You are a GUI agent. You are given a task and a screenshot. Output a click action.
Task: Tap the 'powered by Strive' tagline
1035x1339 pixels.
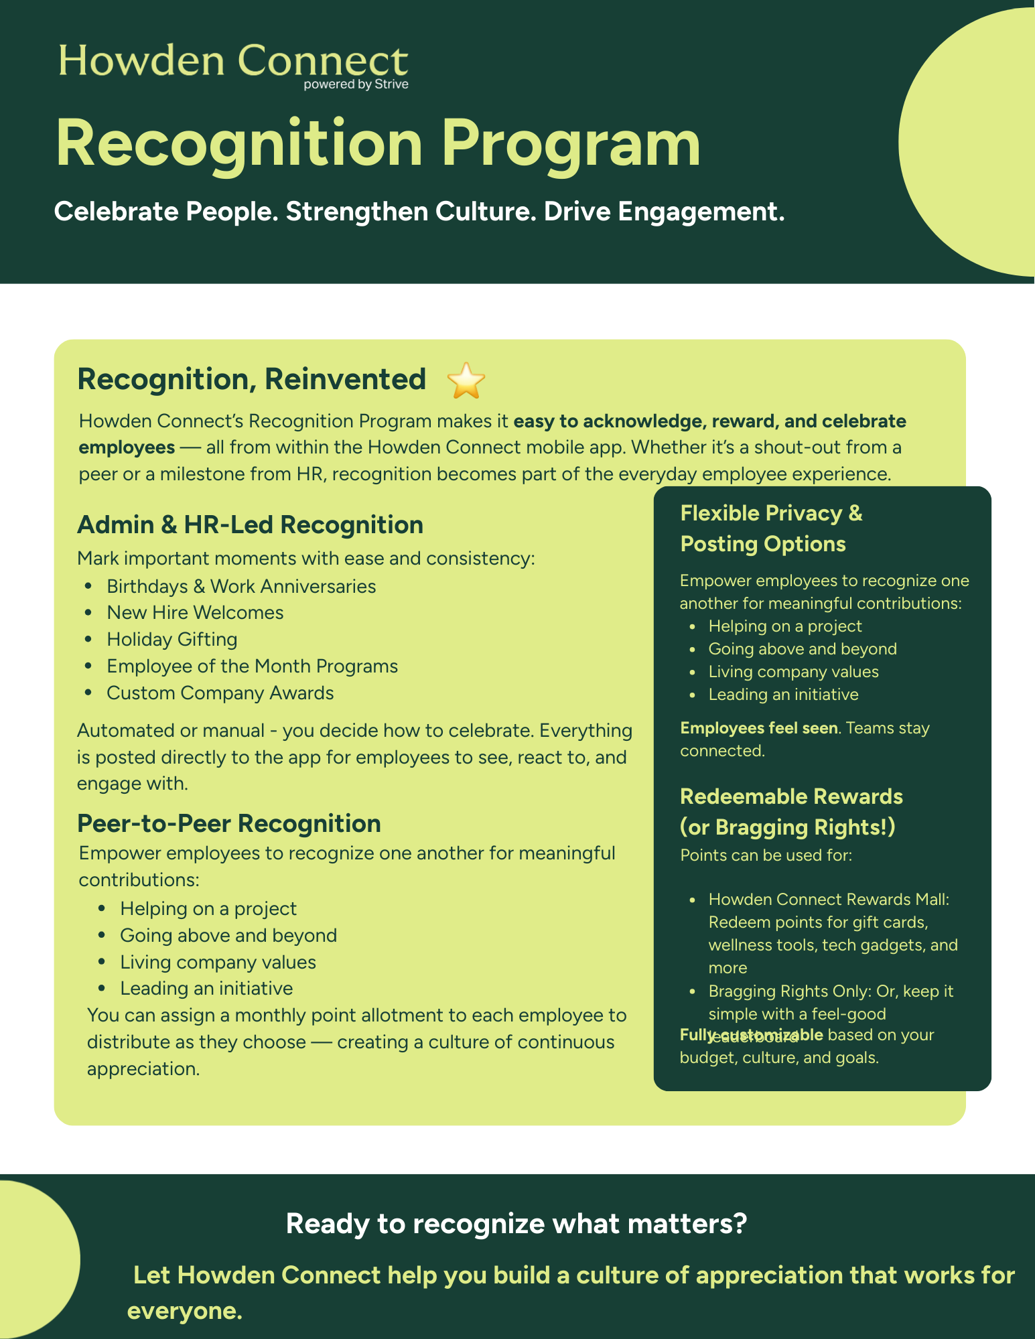(x=356, y=84)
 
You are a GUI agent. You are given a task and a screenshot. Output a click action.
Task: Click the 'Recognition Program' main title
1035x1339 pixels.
(x=378, y=143)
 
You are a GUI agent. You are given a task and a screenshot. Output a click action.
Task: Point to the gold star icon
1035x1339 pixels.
(x=466, y=380)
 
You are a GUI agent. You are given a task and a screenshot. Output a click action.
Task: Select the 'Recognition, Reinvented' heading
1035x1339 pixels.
(x=251, y=379)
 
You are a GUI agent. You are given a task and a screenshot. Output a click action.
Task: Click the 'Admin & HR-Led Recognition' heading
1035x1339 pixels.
(x=250, y=524)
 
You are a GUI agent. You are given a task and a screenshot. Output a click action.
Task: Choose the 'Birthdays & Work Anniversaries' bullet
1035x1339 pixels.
(x=241, y=586)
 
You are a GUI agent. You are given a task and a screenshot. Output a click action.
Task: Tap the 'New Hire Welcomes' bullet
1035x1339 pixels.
(x=195, y=612)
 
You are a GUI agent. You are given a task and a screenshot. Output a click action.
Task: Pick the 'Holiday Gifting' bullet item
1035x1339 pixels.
(x=172, y=639)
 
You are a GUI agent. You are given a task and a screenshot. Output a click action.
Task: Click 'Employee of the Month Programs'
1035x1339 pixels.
(x=252, y=666)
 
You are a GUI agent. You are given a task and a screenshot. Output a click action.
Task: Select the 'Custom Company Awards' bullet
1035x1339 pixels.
(x=220, y=693)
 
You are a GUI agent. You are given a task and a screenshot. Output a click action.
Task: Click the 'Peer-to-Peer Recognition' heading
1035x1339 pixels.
(x=229, y=823)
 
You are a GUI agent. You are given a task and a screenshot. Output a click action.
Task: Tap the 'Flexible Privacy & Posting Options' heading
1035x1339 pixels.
(x=771, y=528)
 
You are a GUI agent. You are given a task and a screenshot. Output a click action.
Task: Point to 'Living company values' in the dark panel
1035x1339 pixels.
(x=793, y=672)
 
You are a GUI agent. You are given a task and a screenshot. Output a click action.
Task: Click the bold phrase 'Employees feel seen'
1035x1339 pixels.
(x=758, y=728)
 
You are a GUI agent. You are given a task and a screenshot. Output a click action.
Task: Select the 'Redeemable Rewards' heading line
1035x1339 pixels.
(x=791, y=796)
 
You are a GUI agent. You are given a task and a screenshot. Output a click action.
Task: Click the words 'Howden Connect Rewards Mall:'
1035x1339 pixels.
(x=829, y=899)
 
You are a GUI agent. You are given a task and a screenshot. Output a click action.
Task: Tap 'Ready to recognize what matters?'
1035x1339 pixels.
(x=516, y=1223)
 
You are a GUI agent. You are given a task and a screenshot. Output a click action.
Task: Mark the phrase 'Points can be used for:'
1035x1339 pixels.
(x=766, y=855)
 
